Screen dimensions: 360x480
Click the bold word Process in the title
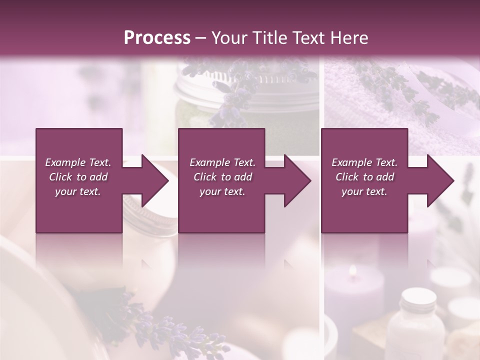157,38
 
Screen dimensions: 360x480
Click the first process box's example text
78,177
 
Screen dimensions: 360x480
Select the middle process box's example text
222,177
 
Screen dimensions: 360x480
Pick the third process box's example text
364,177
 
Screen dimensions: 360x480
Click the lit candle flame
353,271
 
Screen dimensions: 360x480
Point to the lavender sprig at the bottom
165,325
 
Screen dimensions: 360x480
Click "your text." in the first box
78,191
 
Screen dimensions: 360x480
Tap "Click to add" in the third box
364,177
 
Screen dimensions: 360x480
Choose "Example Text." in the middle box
222,162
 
